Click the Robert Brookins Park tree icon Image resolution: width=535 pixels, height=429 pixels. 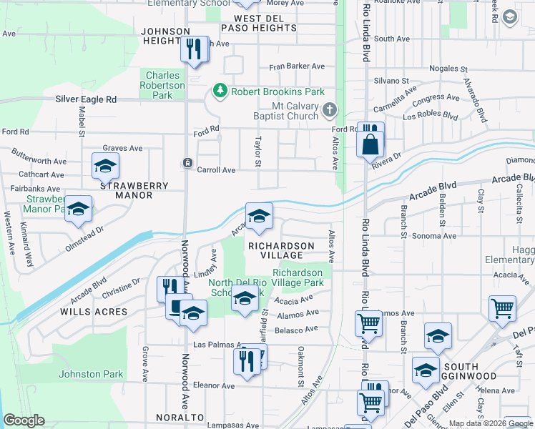tap(220, 92)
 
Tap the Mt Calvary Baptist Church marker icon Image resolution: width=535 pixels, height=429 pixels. tap(329, 110)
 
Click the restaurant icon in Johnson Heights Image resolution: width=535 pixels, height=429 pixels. tap(193, 49)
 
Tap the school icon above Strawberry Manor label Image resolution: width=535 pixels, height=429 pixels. tap(105, 167)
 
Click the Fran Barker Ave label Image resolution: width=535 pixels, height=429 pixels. tap(296, 66)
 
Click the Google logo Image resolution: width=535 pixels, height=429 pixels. tap(24, 420)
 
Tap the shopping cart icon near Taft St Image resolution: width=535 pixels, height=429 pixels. tap(503, 308)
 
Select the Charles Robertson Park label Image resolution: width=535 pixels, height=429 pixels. tap(165, 85)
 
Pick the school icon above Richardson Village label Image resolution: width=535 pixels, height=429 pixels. tap(259, 216)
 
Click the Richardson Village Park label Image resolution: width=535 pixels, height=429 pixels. tap(298, 278)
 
